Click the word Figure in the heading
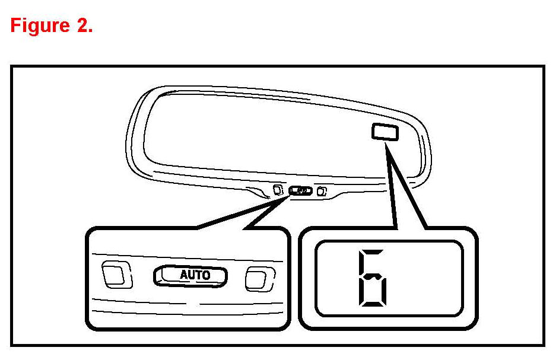pos(40,26)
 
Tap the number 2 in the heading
pos(82,26)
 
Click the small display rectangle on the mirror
pos(385,131)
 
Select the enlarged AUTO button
pos(191,275)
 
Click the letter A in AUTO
pos(184,275)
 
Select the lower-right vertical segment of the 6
pos(389,292)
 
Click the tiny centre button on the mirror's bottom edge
pos(300,191)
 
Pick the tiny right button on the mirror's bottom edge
pos(322,191)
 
